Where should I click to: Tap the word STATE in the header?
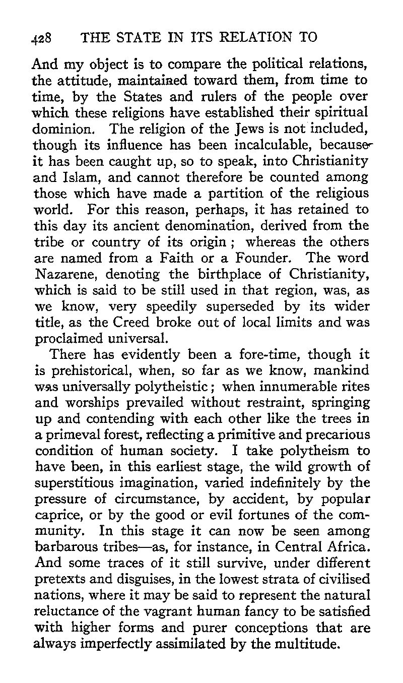coord(124,37)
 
